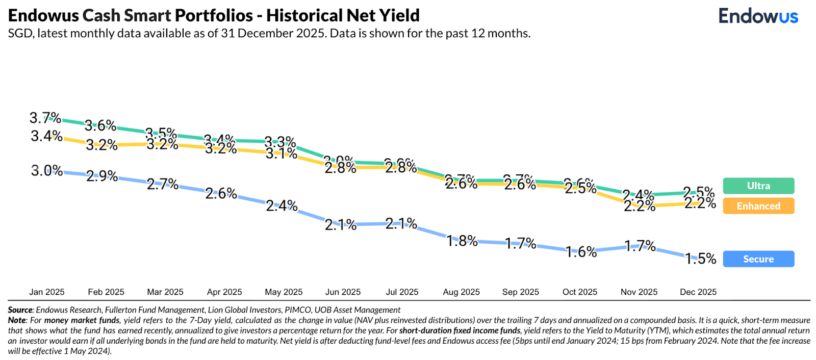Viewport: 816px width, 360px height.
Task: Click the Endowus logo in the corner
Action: pyautogui.click(x=758, y=16)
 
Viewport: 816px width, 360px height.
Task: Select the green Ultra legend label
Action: pyautogui.click(x=758, y=186)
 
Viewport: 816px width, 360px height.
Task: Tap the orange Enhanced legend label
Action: pyautogui.click(x=758, y=206)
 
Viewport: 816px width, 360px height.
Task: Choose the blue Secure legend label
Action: pyautogui.click(x=758, y=259)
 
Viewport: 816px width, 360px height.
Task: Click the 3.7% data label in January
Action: pyautogui.click(x=45, y=118)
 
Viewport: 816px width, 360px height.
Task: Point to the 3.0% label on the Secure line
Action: pyautogui.click(x=47, y=171)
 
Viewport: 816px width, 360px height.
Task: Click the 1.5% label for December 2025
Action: pyautogui.click(x=701, y=259)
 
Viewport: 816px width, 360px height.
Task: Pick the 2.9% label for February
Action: pyautogui.click(x=102, y=176)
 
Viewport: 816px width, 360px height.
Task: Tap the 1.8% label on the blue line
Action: pyautogui.click(x=462, y=241)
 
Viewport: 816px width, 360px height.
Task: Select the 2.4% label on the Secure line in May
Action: pyautogui.click(x=282, y=205)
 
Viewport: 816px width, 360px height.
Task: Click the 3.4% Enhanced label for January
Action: pyautogui.click(x=46, y=136)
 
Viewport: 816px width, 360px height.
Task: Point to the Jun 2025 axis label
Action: pyautogui.click(x=343, y=292)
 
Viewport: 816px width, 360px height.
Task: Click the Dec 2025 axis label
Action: pyautogui.click(x=698, y=292)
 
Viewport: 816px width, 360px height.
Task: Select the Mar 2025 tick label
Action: pyautogui.click(x=165, y=292)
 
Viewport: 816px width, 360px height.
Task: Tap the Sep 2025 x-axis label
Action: pyautogui.click(x=520, y=292)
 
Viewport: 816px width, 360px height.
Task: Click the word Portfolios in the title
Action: pyautogui.click(x=214, y=16)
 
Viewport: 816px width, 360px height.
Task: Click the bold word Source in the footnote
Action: pyautogui.click(x=20, y=310)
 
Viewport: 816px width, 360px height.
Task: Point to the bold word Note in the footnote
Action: pyautogui.click(x=17, y=320)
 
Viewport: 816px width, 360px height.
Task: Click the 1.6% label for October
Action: pyautogui.click(x=581, y=252)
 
